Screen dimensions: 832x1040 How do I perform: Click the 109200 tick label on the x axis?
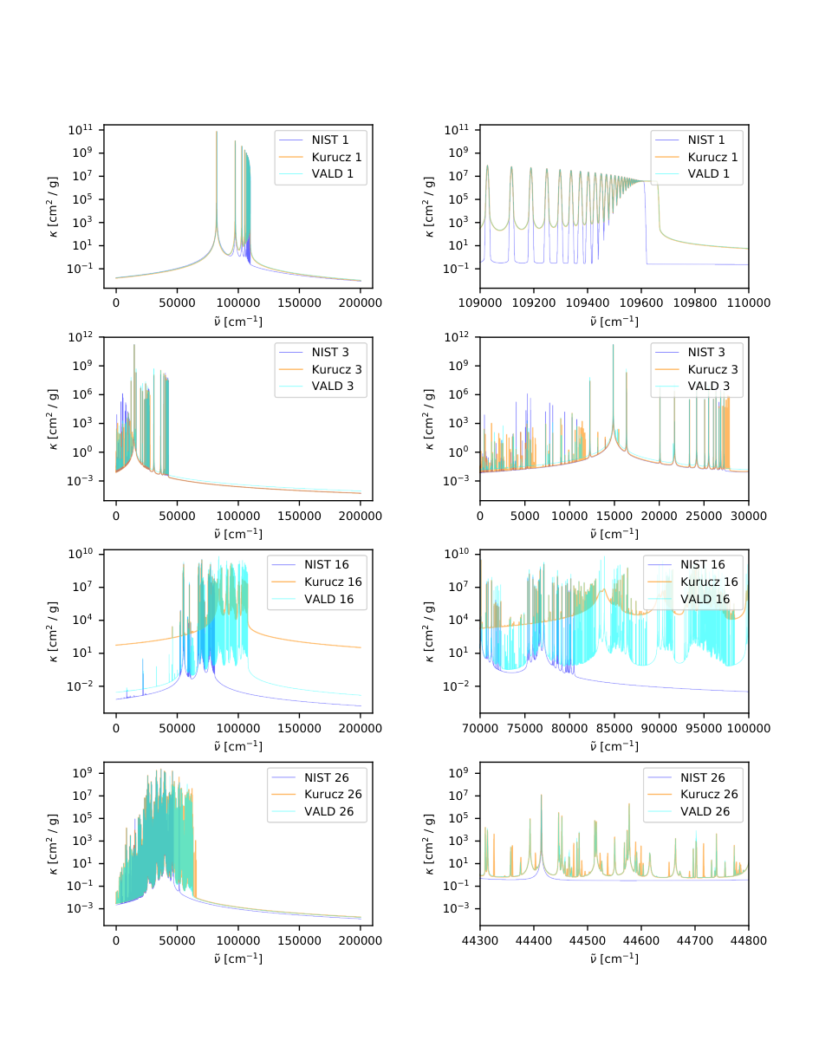tap(533, 303)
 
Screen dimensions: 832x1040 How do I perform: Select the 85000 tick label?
tap(614, 728)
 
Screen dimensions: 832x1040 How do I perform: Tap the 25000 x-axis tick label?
tap(704, 516)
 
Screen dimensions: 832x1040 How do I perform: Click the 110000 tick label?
tap(748, 303)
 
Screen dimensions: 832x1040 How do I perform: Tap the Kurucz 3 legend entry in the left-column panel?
tap(320, 370)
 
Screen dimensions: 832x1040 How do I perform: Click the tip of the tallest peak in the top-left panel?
tap(217, 132)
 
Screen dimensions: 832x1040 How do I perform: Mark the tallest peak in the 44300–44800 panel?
tap(541, 795)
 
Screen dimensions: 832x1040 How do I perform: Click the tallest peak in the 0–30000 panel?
tap(613, 345)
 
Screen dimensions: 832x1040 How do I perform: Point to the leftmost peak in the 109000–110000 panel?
tap(487, 166)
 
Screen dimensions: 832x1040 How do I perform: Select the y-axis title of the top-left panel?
tap(53, 207)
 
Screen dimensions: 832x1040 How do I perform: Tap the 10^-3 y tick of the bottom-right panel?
tap(456, 908)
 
